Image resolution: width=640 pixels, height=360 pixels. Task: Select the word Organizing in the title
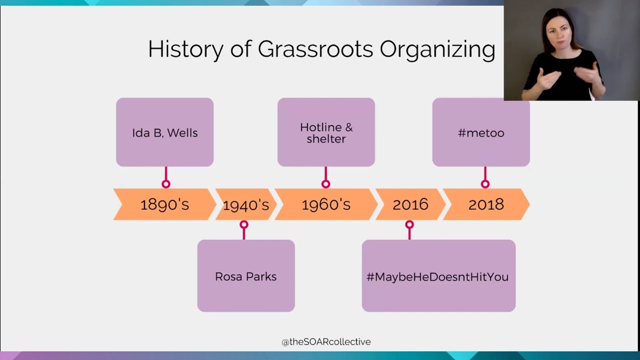click(437, 49)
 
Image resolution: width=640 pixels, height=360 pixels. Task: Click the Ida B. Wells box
click(165, 132)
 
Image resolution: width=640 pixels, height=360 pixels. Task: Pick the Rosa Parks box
click(246, 276)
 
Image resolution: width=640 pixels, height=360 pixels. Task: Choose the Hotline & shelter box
click(326, 132)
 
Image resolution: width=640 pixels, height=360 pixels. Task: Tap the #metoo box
click(481, 132)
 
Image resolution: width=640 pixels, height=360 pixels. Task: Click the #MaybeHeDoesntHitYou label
click(437, 276)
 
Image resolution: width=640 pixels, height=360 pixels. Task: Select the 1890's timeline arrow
click(164, 204)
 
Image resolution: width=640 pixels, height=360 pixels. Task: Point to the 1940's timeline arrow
click(245, 204)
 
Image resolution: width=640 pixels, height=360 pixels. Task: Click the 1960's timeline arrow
click(326, 204)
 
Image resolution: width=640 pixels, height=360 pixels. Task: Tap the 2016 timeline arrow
click(410, 204)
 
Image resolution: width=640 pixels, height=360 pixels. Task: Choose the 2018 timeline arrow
click(486, 204)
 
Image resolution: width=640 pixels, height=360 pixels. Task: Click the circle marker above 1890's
click(166, 184)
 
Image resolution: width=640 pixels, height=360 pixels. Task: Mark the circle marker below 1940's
click(244, 225)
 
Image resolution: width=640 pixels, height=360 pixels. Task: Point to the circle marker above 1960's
click(326, 184)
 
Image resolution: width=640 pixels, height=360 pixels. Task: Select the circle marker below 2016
click(409, 225)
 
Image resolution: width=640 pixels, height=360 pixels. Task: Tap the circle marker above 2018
click(485, 184)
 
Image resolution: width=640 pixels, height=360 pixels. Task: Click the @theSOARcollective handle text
click(326, 342)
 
